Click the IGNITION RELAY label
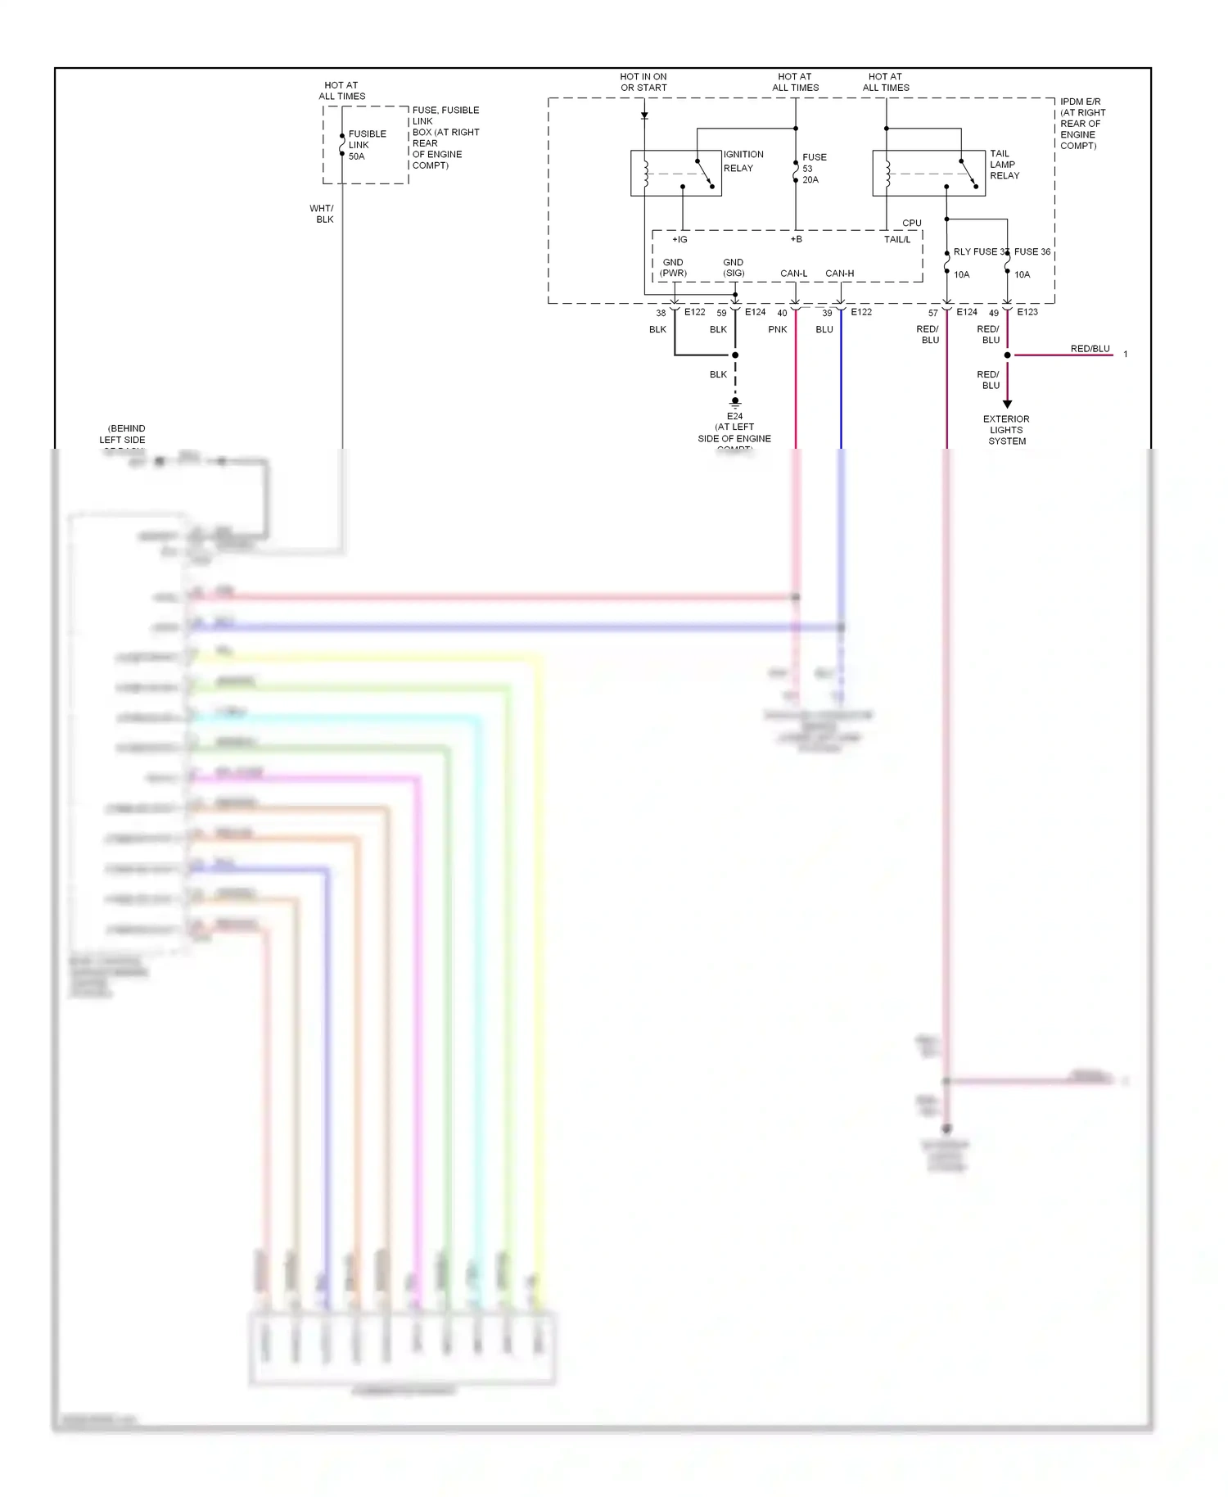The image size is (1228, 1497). (743, 161)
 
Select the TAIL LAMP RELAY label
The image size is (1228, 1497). (1005, 165)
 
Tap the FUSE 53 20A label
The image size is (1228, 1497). (813, 169)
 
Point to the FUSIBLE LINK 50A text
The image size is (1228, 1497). (367, 145)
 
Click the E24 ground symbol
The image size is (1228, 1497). (735, 403)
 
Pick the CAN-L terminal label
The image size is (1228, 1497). (793, 274)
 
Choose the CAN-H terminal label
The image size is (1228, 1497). (839, 274)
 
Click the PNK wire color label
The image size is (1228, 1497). (778, 329)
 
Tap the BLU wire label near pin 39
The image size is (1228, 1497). (824, 329)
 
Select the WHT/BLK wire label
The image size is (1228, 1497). (322, 214)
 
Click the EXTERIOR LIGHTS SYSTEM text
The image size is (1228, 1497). (1006, 430)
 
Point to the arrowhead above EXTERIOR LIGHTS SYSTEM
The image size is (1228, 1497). (1007, 404)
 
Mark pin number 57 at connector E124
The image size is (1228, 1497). (932, 313)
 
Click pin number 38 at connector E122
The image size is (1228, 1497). (661, 313)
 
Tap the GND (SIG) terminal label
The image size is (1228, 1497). (734, 268)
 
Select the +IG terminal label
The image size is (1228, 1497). (679, 240)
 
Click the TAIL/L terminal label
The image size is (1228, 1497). (896, 240)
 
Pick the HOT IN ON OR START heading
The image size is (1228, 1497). (643, 82)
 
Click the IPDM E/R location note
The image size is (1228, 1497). (1082, 124)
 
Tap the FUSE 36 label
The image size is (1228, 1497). (1032, 252)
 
